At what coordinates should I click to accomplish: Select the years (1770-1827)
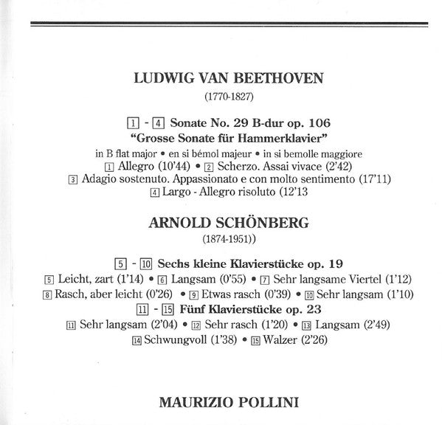click(x=229, y=97)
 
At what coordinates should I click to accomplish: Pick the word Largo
click(x=177, y=193)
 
